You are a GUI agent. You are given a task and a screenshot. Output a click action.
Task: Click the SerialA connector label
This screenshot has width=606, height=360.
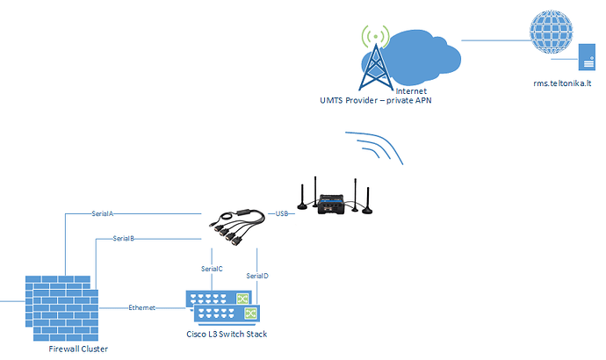(103, 213)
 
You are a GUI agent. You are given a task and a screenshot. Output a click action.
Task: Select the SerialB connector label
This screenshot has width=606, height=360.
(123, 239)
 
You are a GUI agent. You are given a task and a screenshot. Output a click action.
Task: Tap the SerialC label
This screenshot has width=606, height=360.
(212, 269)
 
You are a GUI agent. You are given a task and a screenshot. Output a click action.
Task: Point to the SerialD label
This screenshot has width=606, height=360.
(257, 276)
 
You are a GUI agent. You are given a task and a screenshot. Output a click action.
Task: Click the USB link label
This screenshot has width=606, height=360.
(282, 213)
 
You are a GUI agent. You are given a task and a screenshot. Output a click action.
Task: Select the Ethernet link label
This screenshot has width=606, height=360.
(141, 308)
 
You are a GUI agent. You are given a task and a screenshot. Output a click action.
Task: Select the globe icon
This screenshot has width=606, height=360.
(552, 32)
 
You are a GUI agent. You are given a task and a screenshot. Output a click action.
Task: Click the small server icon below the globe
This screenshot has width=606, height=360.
(587, 57)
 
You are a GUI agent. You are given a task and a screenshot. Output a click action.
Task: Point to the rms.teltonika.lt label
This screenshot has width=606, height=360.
(562, 83)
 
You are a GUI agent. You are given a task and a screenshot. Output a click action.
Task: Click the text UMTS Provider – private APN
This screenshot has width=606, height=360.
(376, 100)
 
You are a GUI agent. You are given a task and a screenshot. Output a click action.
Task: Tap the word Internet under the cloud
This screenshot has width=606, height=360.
(411, 91)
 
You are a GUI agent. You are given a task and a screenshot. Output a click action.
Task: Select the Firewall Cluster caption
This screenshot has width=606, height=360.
(78, 349)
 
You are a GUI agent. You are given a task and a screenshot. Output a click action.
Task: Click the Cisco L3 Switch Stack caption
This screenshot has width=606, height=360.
(227, 335)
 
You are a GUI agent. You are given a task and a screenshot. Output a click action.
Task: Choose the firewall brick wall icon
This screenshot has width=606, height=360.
(61, 308)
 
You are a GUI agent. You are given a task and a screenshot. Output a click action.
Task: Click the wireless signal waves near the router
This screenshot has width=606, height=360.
(374, 148)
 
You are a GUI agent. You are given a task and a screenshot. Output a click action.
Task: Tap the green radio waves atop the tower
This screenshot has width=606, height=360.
(375, 36)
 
